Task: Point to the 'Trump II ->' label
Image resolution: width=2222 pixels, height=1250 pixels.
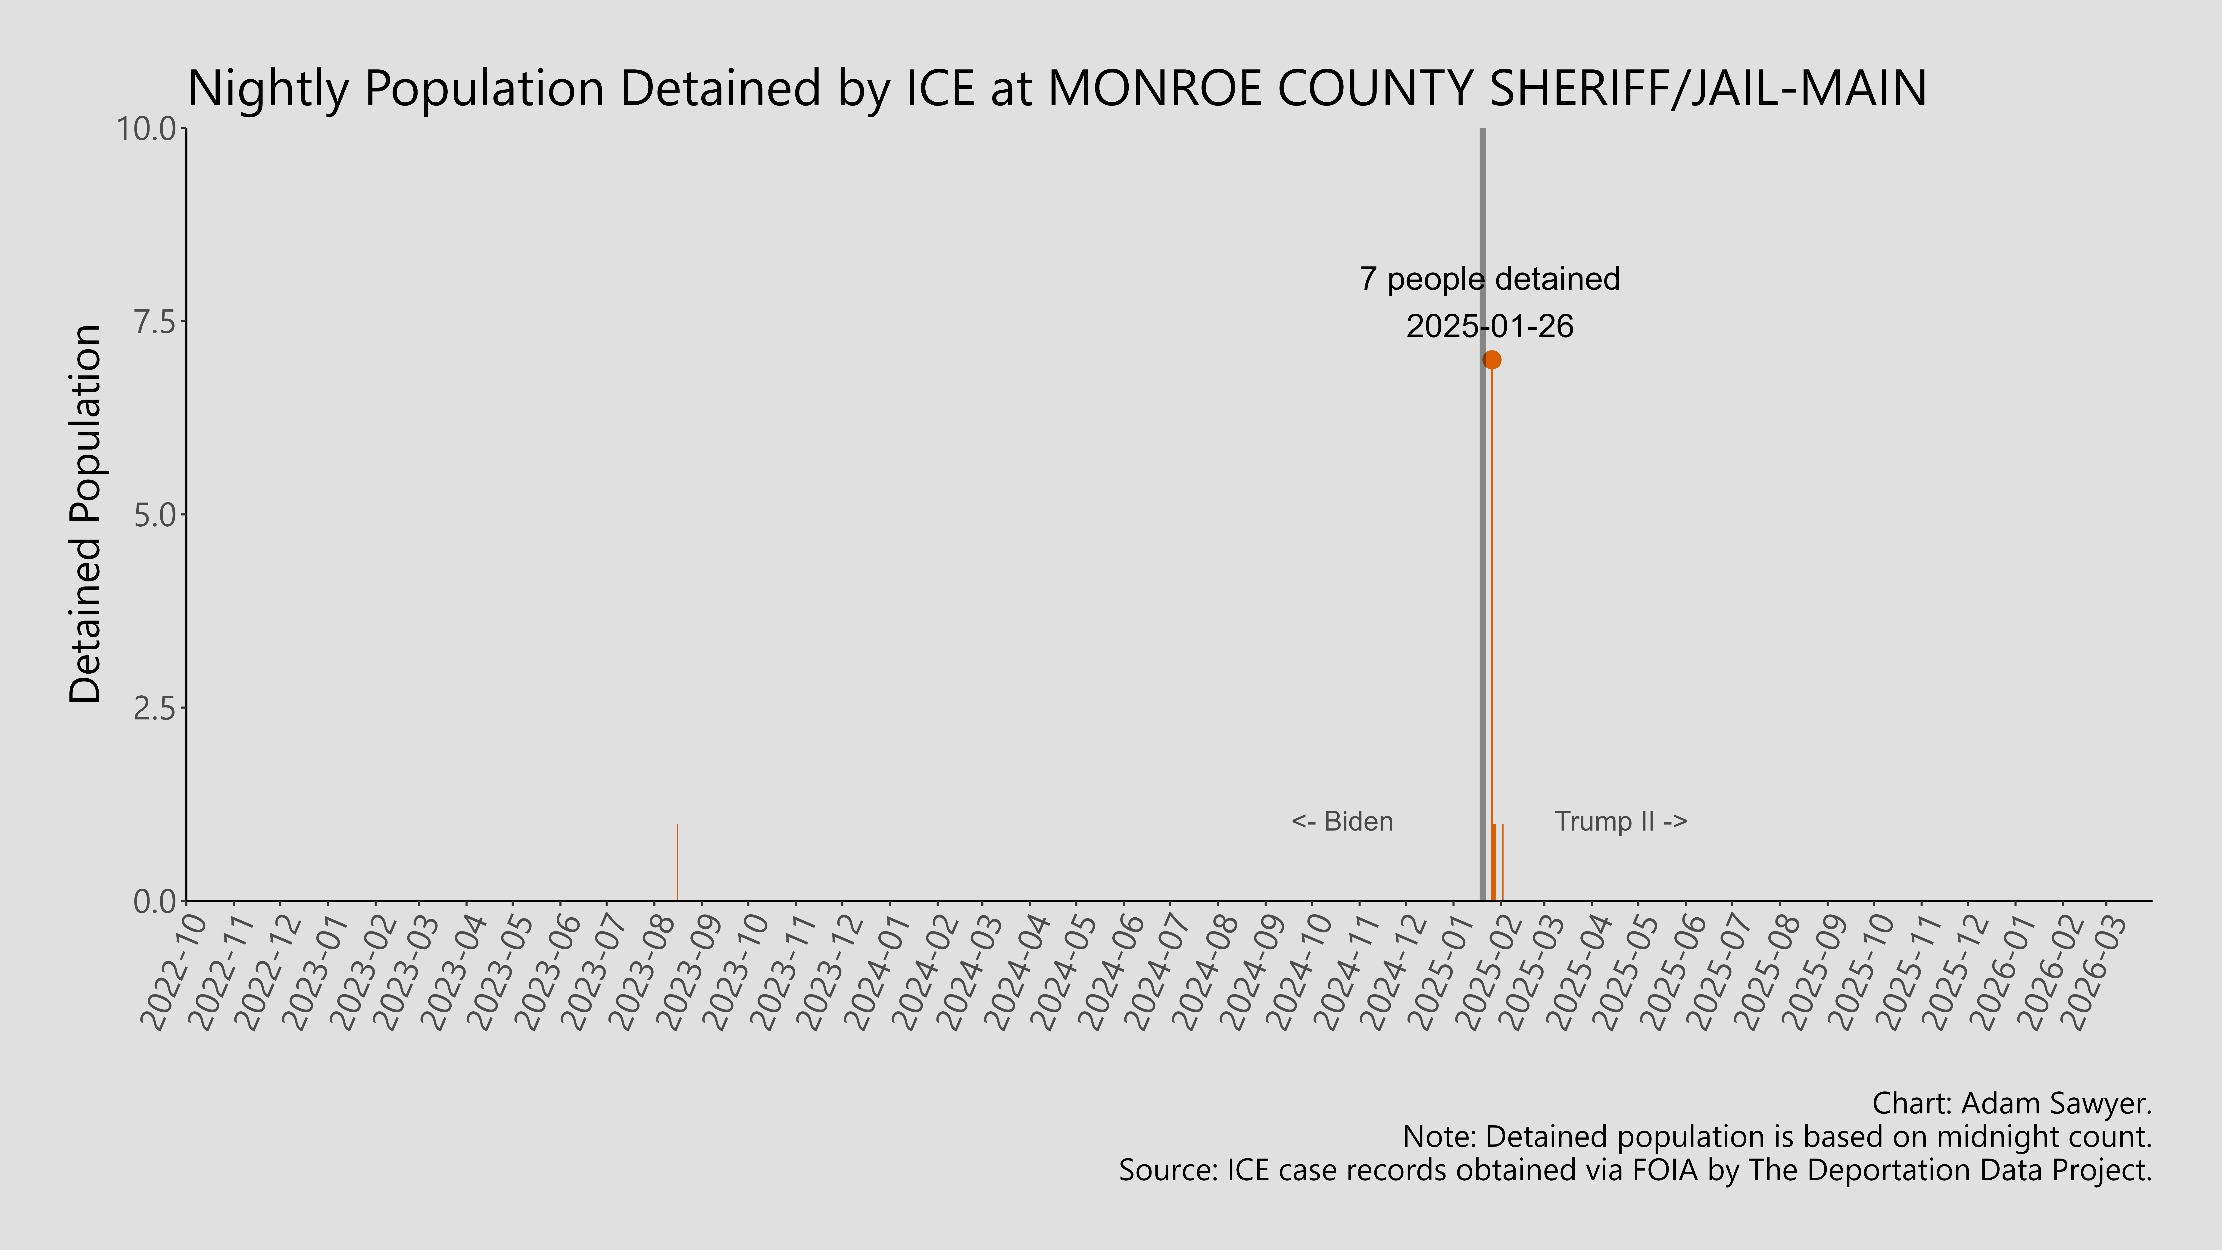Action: (1621, 821)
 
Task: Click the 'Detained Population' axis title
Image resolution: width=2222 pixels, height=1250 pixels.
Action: (86, 515)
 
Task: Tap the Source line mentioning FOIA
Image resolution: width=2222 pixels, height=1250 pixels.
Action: (1635, 1171)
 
